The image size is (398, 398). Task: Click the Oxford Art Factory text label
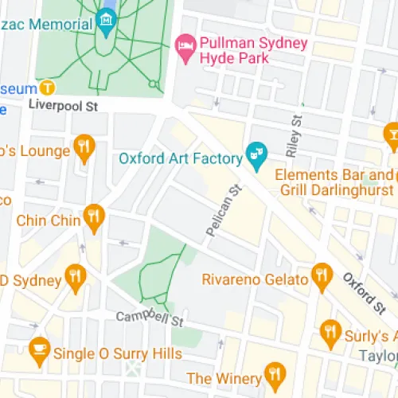[x=180, y=157]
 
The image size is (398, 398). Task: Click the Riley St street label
[x=296, y=132]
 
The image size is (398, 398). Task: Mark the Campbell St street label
[x=150, y=319]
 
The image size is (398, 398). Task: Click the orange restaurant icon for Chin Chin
[x=95, y=217]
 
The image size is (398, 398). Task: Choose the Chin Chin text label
[x=49, y=220]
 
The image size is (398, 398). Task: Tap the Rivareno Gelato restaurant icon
[x=322, y=275]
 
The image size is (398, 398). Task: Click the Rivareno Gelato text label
[x=255, y=279]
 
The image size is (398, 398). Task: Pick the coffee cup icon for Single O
[x=38, y=348]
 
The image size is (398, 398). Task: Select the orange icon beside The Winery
[x=275, y=373]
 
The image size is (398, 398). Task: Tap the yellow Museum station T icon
[x=49, y=87]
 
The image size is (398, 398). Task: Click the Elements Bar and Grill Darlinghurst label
[x=334, y=182]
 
